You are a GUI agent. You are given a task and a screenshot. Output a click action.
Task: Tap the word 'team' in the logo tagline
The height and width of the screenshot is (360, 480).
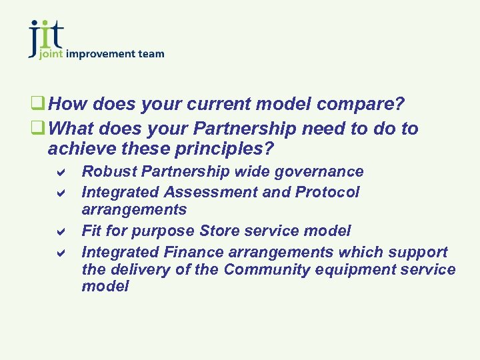[x=151, y=53]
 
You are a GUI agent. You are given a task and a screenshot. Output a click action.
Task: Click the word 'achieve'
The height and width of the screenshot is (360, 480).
[x=80, y=147]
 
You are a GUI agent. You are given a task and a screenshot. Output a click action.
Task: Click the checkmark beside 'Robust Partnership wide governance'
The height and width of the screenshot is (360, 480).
[x=59, y=172]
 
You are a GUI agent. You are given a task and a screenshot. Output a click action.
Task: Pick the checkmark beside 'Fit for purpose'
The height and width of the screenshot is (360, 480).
[x=59, y=232]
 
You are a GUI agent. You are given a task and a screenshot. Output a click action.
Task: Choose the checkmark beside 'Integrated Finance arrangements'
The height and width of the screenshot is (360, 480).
[x=59, y=253]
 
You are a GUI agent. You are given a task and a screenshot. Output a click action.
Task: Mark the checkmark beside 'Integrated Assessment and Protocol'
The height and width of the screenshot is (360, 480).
[x=59, y=193]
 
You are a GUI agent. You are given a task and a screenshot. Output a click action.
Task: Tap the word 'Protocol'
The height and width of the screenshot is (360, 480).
[x=328, y=192]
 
